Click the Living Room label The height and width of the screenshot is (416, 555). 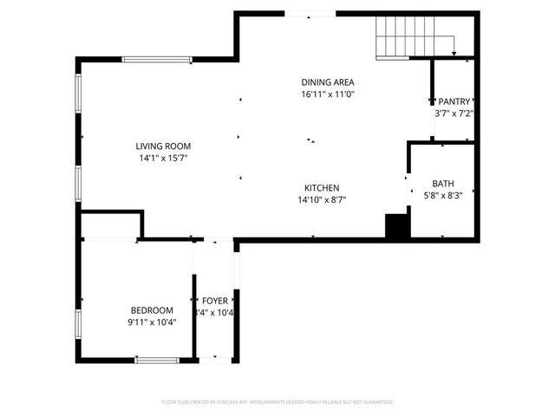coord(163,146)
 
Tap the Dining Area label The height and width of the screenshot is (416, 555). coord(328,81)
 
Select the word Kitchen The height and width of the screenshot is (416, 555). coord(321,188)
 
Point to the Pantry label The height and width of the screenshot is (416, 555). coord(454,101)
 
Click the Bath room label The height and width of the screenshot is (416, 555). coord(442,184)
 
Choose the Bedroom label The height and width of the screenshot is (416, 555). coord(152,310)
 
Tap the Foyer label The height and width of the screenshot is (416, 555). coord(214,302)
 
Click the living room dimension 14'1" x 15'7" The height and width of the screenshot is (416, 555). coord(163,159)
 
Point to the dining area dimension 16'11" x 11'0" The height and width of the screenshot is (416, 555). coord(328,94)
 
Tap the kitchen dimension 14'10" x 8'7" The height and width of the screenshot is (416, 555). coord(321,200)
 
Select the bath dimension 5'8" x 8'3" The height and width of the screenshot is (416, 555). coord(442,196)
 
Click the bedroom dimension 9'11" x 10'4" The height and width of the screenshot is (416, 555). coord(152,322)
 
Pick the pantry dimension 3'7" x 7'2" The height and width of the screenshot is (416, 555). coord(454,114)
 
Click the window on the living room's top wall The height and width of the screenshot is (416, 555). coord(157,60)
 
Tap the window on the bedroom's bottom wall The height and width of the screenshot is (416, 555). coord(157,360)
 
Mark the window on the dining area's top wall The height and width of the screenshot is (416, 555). coord(310,14)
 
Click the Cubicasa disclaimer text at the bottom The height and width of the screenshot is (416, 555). coord(277,402)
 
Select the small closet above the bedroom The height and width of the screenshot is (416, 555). coord(111,224)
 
